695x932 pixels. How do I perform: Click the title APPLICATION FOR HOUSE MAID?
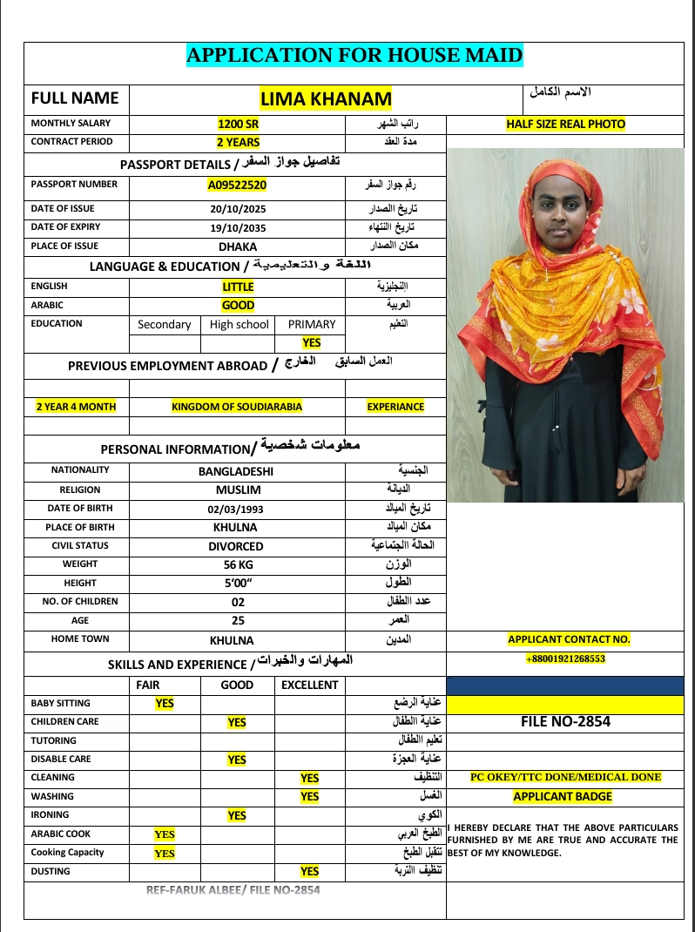point(354,57)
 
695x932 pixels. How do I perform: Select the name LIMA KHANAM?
point(326,98)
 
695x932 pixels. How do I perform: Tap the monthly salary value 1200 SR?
point(238,124)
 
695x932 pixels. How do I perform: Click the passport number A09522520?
point(237,185)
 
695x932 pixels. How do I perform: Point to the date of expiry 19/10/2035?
point(238,227)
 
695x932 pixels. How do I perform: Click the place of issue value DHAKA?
point(238,247)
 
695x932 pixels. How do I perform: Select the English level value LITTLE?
point(238,287)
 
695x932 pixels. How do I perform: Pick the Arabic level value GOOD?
point(238,306)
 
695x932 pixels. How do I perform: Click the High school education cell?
point(240,324)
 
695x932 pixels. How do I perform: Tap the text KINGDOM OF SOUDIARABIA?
point(237,407)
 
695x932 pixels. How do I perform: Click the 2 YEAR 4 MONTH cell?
point(76,407)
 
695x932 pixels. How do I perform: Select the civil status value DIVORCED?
point(235,546)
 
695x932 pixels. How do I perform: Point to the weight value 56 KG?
point(237,564)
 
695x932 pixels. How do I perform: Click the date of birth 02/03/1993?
point(235,509)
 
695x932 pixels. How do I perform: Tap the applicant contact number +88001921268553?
point(564,658)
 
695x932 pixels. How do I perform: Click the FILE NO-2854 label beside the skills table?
point(565,721)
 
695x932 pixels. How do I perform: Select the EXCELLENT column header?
point(309,685)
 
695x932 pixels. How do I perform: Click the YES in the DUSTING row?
point(309,871)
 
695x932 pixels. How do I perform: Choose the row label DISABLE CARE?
point(61,759)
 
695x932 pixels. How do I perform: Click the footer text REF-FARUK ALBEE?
point(196,889)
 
